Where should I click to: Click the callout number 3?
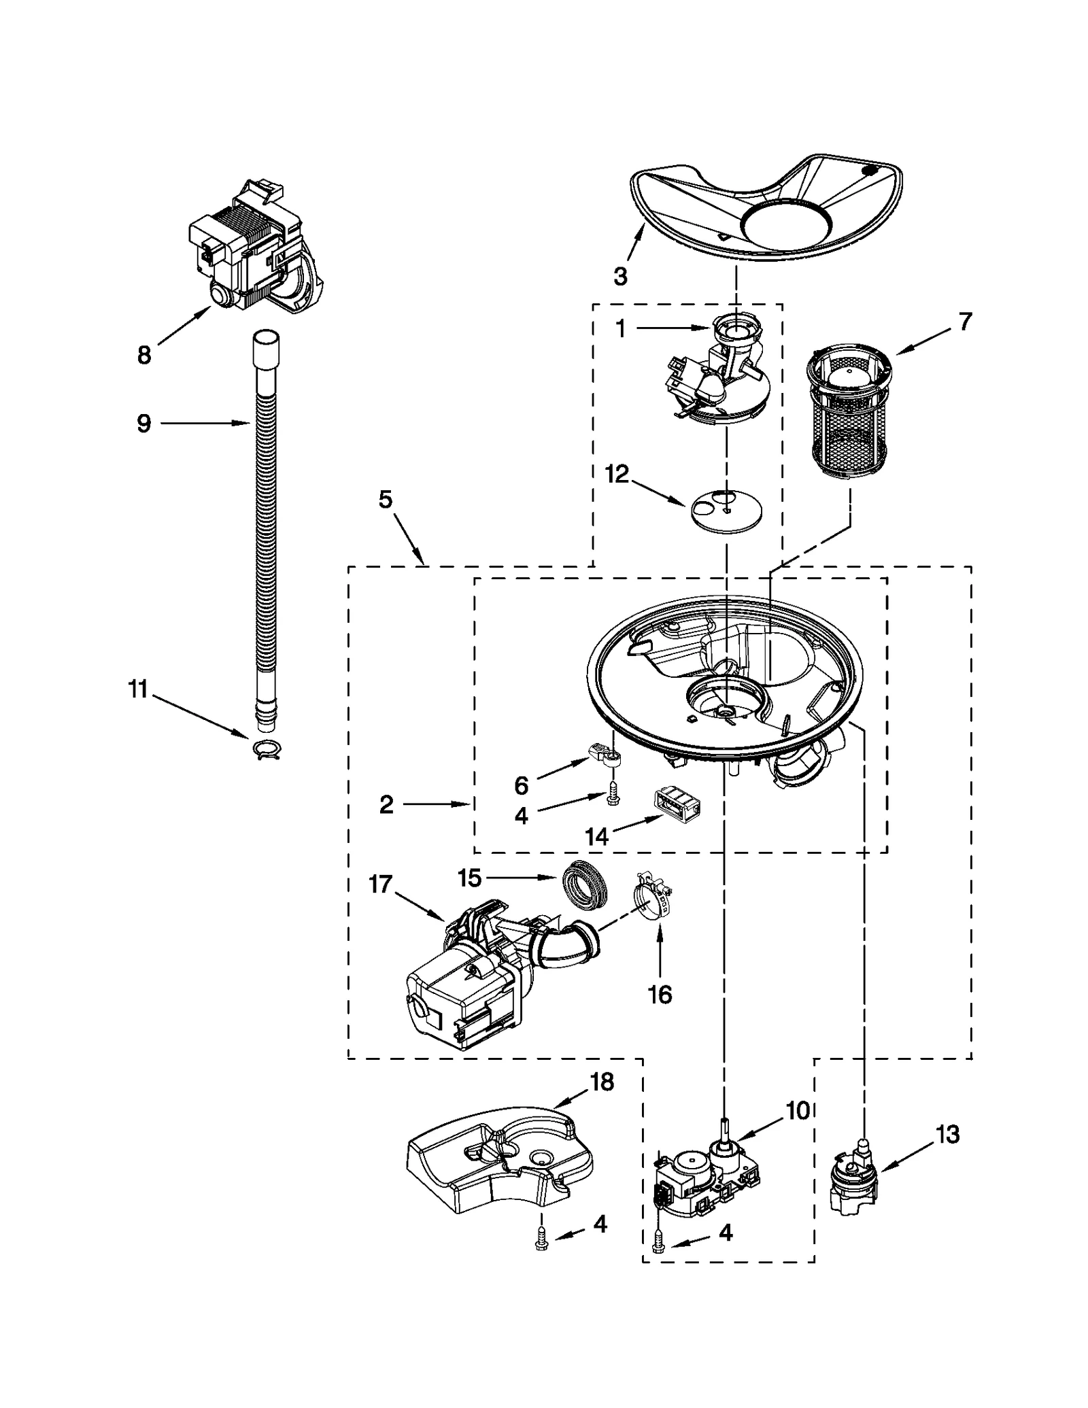tap(620, 276)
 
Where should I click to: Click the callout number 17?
tap(381, 884)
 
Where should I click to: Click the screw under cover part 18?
tap(541, 1242)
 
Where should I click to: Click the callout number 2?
tap(386, 805)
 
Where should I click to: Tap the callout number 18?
tap(602, 1081)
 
